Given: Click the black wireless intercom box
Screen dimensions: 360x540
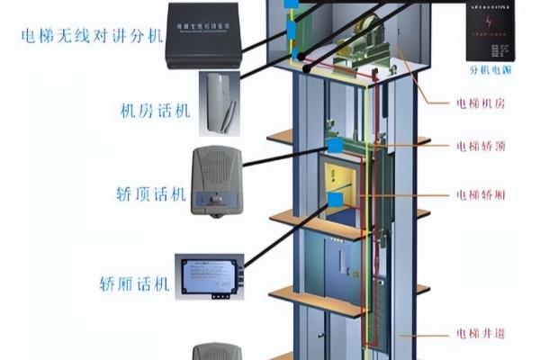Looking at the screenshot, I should pos(203,35).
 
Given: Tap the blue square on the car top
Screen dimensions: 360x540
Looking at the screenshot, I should pos(335,143).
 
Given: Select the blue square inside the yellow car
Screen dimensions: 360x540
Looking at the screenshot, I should pos(336,200).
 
